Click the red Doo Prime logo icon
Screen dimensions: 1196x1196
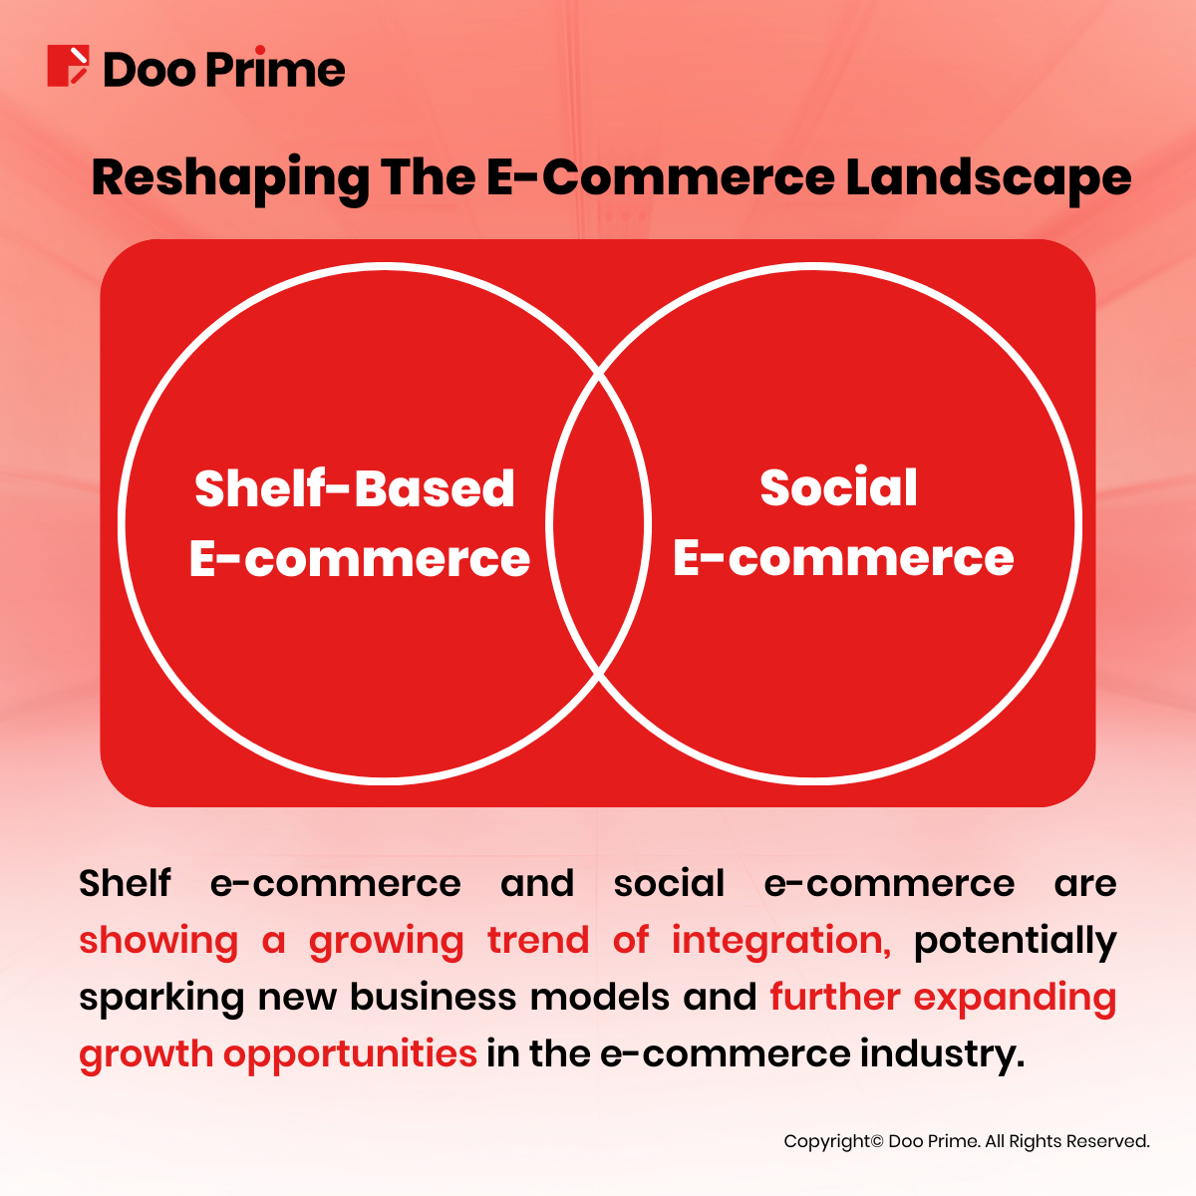(x=68, y=66)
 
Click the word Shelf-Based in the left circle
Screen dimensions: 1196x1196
(x=355, y=488)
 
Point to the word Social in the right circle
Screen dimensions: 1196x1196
(x=838, y=488)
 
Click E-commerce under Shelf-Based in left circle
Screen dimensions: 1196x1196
(x=359, y=558)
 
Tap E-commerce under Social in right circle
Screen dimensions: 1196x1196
(x=843, y=558)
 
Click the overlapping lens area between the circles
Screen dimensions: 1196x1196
(x=599, y=524)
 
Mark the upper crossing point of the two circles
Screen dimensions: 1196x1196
(x=599, y=375)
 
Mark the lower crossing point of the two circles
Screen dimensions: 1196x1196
(x=599, y=675)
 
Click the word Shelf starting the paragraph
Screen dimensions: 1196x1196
(x=125, y=883)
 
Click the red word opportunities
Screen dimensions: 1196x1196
(x=350, y=1054)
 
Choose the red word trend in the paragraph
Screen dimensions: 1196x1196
(x=538, y=940)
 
